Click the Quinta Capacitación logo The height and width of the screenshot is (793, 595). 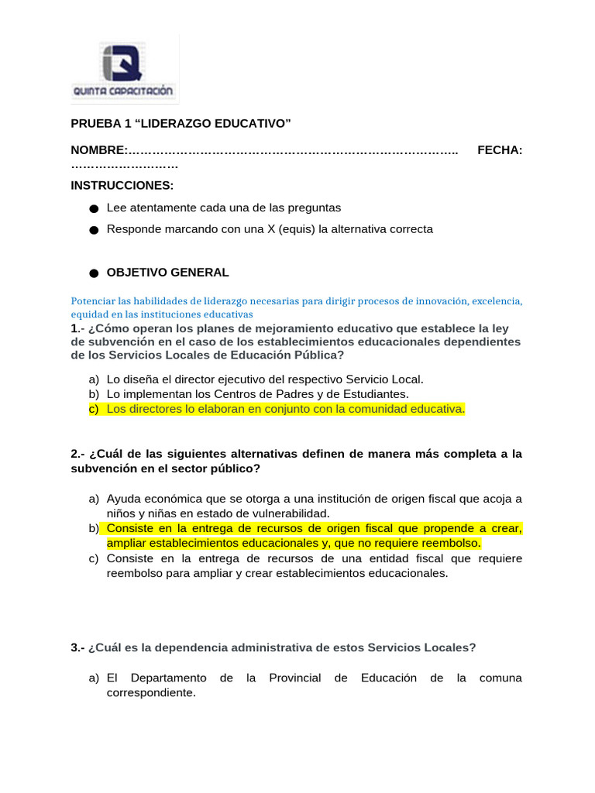tap(124, 70)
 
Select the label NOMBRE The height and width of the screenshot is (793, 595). tap(98, 149)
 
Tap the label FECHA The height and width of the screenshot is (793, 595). tap(499, 149)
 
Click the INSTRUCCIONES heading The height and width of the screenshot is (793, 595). tap(122, 186)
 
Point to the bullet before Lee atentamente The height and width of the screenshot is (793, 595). tap(94, 209)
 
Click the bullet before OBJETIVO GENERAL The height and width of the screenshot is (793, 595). tap(94, 273)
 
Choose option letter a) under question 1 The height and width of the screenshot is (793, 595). tap(94, 379)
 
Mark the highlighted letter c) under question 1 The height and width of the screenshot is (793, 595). tap(94, 409)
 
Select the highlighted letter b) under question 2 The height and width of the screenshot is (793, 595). tap(94, 528)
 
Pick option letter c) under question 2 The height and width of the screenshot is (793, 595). tap(94, 558)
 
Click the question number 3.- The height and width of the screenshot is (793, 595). tap(77, 647)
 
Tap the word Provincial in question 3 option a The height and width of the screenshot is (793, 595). tap(294, 678)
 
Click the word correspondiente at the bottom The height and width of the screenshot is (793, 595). tap(151, 693)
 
